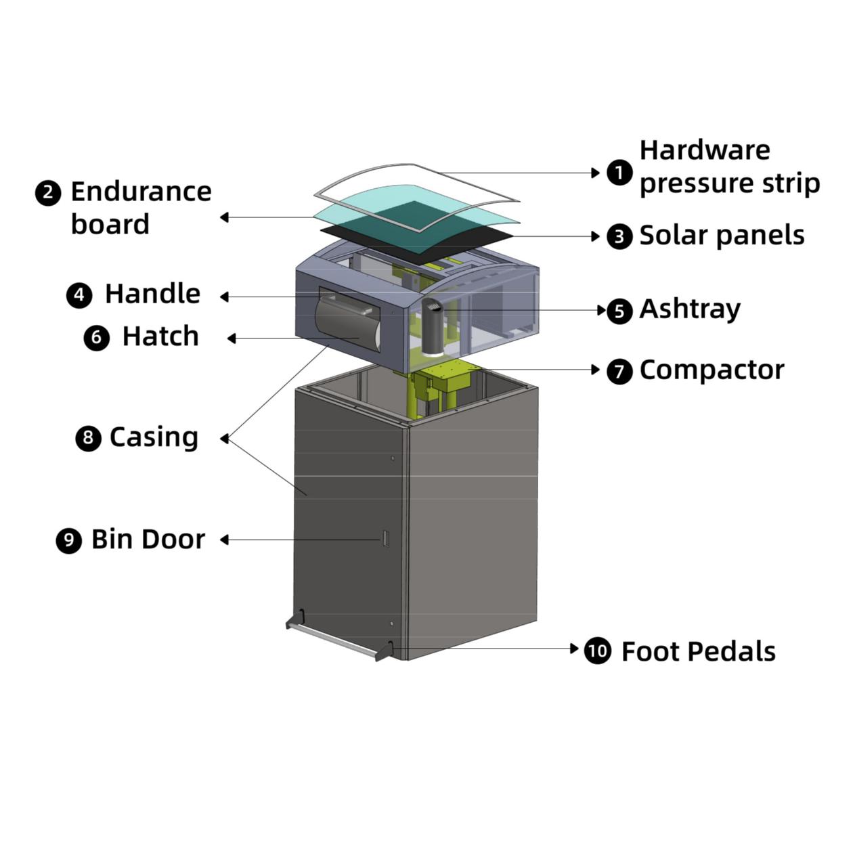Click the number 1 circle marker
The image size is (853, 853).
[x=619, y=173]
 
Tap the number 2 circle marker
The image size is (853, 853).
[x=47, y=193]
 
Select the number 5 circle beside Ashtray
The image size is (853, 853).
[x=619, y=311]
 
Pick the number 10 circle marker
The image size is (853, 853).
[x=597, y=651]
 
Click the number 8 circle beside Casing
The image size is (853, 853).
[x=88, y=438]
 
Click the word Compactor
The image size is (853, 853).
[x=712, y=370]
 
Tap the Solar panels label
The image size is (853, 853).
[x=722, y=236]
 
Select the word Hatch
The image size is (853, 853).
[x=160, y=336]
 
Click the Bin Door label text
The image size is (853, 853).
[x=148, y=540]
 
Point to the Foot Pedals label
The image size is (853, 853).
[x=698, y=651]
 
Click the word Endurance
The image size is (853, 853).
[x=141, y=192]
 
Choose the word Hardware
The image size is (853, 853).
[x=704, y=150]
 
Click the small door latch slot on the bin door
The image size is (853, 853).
[x=385, y=539]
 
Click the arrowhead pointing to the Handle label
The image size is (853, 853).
[x=224, y=297]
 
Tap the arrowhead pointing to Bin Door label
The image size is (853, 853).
[x=224, y=540]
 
